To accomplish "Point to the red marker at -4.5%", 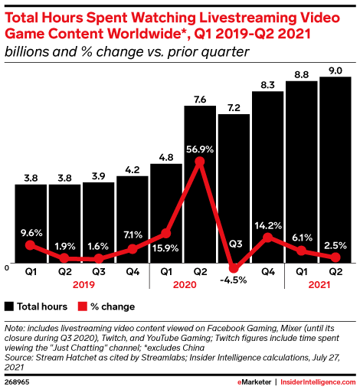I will pyautogui.click(x=234, y=267).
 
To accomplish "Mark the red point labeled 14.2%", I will pyautogui.click(x=267, y=238).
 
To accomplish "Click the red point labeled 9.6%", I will pyautogui.click(x=30, y=245).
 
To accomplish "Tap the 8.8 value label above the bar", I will pyautogui.click(x=301, y=74).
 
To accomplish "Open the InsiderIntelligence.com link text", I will pyautogui.click(x=313, y=379).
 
